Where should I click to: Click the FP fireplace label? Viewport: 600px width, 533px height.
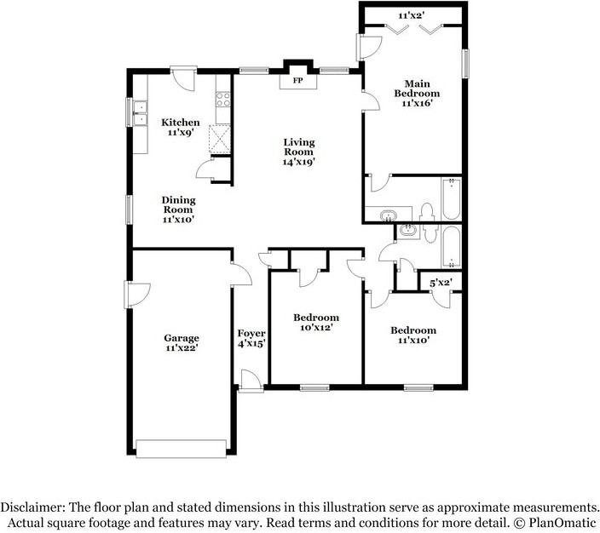pos(297,81)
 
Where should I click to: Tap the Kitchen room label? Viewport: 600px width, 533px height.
pos(181,123)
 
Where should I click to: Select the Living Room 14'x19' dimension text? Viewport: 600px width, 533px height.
pos(299,162)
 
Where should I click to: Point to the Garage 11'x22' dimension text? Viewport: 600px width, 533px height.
pos(182,348)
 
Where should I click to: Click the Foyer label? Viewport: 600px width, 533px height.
pos(251,334)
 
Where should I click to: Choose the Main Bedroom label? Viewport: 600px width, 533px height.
pos(417,89)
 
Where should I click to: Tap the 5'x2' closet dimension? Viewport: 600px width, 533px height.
pos(441,284)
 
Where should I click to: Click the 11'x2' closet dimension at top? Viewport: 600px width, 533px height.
pos(412,15)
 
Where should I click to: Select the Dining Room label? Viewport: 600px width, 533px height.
pos(179,204)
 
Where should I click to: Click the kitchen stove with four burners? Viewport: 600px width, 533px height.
pos(223,100)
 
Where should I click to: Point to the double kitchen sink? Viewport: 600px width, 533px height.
pos(140,113)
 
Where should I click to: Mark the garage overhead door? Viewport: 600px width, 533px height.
pos(181,449)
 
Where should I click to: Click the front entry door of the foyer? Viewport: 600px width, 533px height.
pos(251,381)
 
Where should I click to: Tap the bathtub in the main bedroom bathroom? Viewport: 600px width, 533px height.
pos(452,199)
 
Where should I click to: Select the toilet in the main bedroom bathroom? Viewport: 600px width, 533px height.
pos(426,212)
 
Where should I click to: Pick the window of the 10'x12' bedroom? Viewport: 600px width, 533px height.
pos(314,387)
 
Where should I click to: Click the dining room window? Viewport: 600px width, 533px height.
pos(129,209)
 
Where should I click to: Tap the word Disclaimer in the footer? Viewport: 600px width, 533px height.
pos(33,507)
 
